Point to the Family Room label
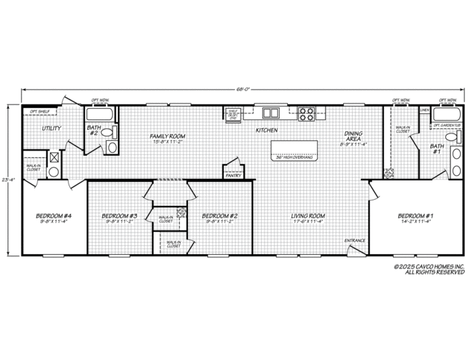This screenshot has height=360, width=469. [167, 136]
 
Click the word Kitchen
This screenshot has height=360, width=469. [267, 130]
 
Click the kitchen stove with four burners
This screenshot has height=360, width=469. [306, 114]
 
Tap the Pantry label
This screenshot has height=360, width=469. [233, 176]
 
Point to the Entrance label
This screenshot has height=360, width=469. [354, 241]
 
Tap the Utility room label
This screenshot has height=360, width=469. [51, 128]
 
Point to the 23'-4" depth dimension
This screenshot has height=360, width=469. [7, 180]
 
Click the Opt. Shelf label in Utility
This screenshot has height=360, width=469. [39, 113]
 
